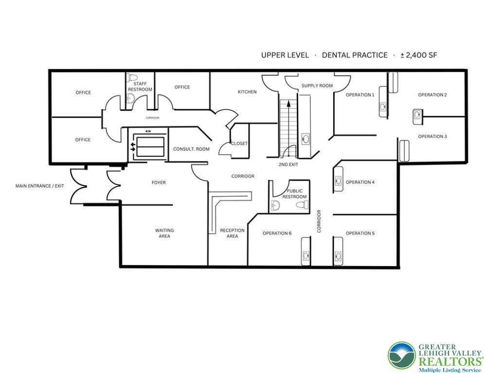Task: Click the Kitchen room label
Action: (247, 92)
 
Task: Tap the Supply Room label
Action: (317, 85)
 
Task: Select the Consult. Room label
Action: (191, 149)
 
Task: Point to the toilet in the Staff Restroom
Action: (133, 77)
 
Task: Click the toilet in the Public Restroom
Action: (302, 204)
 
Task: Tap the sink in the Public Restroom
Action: (275, 205)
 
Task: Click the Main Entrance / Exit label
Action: (39, 186)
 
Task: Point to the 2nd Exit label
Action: (288, 165)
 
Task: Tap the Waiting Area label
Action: (164, 233)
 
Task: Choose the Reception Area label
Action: (232, 233)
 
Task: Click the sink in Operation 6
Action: (306, 255)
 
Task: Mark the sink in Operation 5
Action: (338, 255)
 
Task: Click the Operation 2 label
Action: (432, 95)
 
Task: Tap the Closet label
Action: (239, 144)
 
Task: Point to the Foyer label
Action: (159, 183)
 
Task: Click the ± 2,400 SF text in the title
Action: (418, 55)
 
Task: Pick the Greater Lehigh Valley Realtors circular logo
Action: (402, 356)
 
